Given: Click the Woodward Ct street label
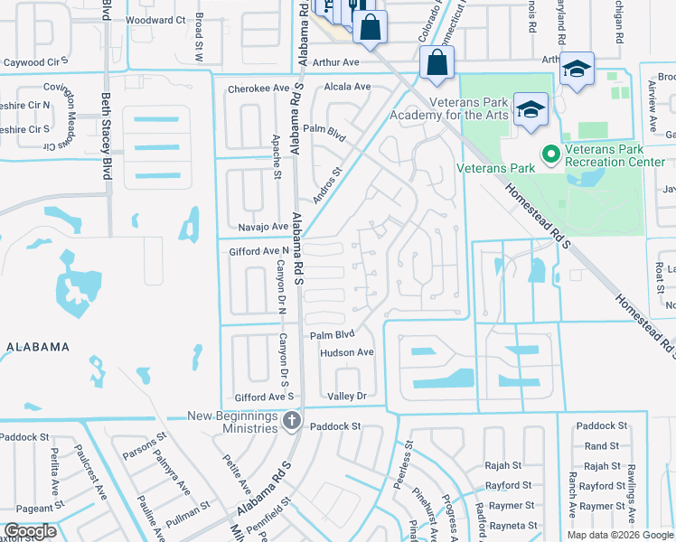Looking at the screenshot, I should click(x=155, y=19).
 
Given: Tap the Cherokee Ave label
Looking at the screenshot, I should click(x=258, y=88).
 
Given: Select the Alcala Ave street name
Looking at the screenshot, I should click(x=347, y=87).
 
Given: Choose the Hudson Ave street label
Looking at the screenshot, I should click(x=346, y=352).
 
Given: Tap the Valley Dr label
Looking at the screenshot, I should click(x=346, y=396).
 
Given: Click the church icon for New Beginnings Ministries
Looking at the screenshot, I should click(x=291, y=420).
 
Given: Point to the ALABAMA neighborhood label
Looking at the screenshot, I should click(x=38, y=347).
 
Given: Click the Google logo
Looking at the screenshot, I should click(x=30, y=531).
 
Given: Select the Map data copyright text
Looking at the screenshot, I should click(x=621, y=535).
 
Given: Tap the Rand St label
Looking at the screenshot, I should click(x=602, y=445).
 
